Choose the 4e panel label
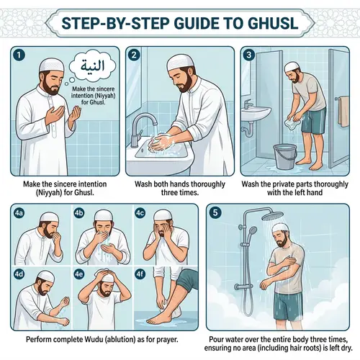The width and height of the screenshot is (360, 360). [x=79, y=274]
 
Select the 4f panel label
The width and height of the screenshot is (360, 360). [x=138, y=274]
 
